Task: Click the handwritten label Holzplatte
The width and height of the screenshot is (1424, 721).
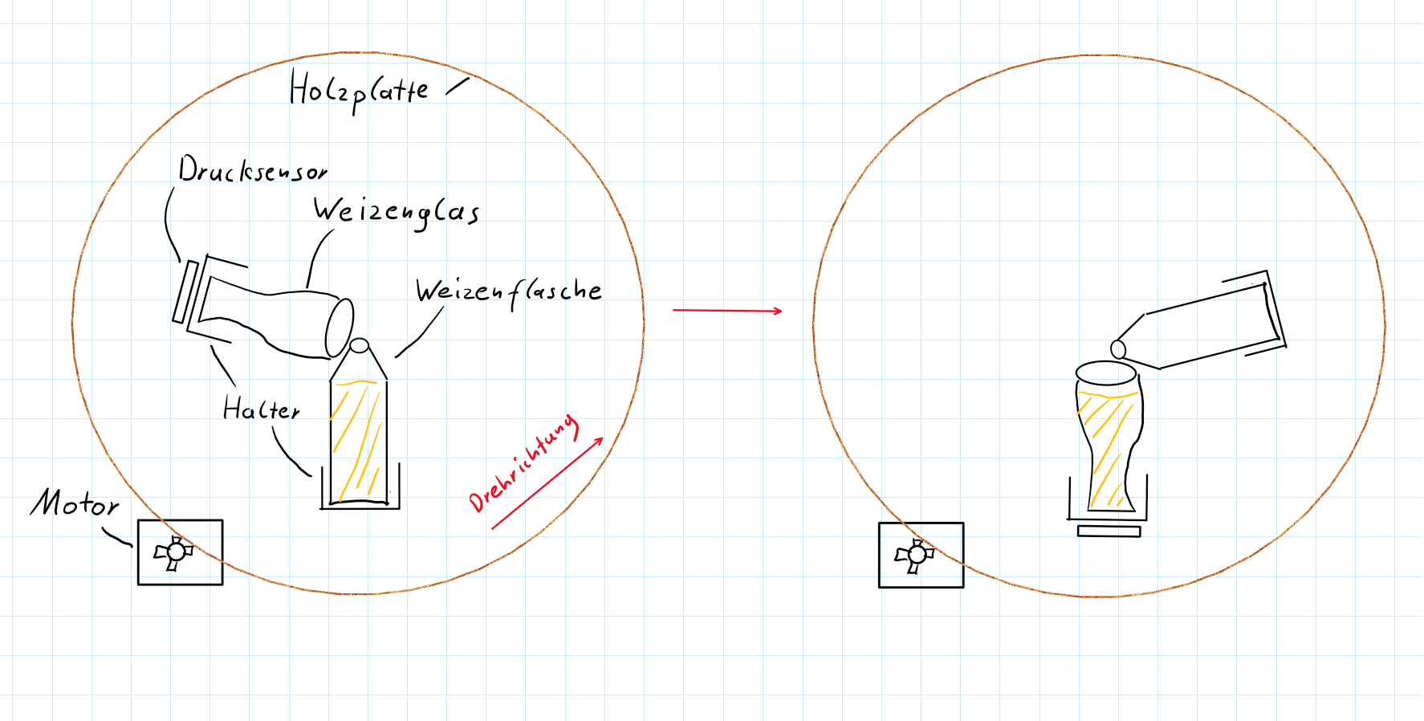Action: click(x=359, y=91)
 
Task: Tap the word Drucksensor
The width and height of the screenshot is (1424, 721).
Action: click(x=253, y=169)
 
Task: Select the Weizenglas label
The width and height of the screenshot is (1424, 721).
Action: click(x=397, y=212)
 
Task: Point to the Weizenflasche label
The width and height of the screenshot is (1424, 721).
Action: click(x=509, y=291)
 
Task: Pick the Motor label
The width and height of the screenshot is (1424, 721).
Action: click(x=75, y=503)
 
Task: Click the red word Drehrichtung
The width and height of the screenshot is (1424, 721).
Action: click(x=523, y=464)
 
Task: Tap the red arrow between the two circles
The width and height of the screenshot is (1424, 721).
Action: click(x=727, y=310)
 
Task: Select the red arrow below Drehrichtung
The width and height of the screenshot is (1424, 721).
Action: click(x=547, y=483)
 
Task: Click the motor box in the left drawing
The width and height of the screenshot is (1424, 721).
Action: click(x=180, y=552)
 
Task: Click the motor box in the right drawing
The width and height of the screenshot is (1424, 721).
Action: click(x=921, y=556)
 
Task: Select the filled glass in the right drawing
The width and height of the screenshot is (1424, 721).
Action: click(x=1109, y=438)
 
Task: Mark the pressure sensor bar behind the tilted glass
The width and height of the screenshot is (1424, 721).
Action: click(x=185, y=291)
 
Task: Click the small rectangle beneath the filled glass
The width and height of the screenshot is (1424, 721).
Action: click(x=1109, y=531)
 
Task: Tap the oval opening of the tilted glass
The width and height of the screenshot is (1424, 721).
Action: click(x=340, y=328)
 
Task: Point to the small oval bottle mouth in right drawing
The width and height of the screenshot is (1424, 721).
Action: click(x=1118, y=348)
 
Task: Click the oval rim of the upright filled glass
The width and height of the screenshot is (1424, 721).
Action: click(x=1106, y=373)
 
